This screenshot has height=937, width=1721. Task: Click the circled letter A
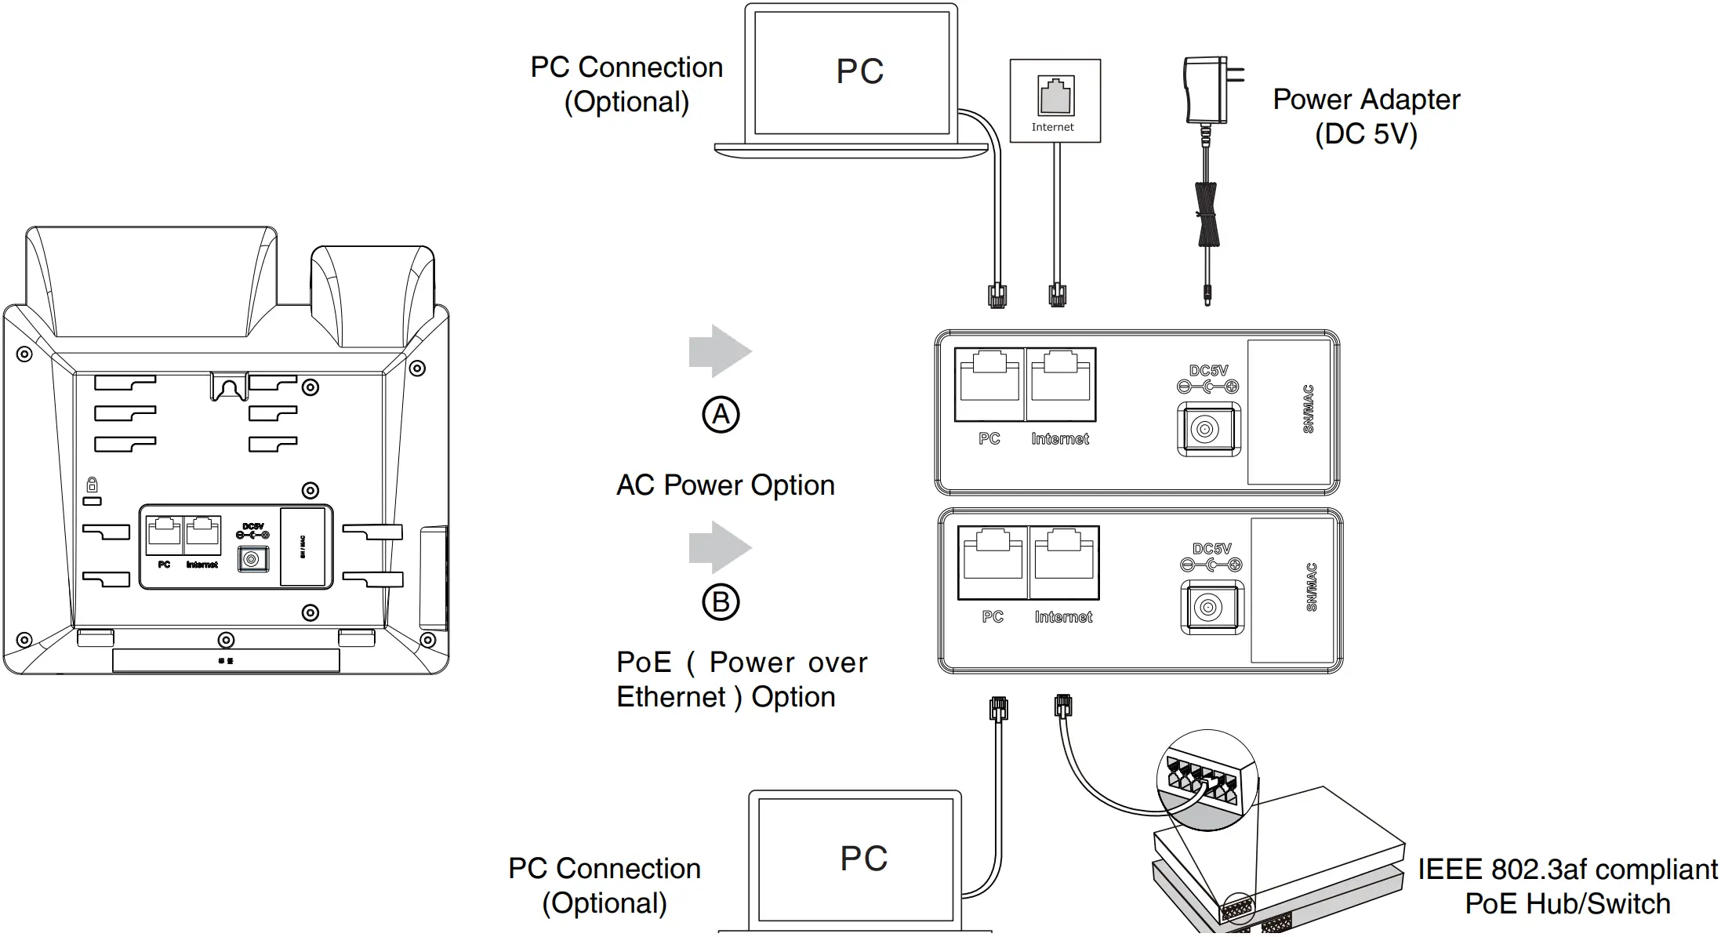pos(721,415)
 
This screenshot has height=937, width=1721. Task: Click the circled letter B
pos(721,602)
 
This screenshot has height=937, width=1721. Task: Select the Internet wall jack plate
pos(1055,100)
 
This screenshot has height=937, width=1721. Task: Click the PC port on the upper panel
pos(989,384)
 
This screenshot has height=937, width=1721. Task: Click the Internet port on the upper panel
pos(1060,384)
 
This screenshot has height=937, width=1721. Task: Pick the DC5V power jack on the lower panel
pos(1211,607)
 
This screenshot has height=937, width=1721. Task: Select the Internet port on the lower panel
pos(1064,562)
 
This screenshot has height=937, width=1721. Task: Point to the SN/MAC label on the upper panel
pos(1308,409)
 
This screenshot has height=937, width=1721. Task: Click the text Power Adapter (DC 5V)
pos(1366,116)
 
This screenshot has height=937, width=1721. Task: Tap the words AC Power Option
pos(725,485)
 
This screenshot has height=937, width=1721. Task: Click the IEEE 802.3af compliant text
pos(1567,870)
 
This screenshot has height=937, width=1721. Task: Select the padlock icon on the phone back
pos(92,485)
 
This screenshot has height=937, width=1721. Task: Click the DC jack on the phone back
pos(252,559)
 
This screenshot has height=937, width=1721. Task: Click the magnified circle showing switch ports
pos(1206,779)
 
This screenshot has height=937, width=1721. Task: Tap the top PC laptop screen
pos(851,72)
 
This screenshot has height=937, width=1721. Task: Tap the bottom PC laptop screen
pos(855,859)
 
